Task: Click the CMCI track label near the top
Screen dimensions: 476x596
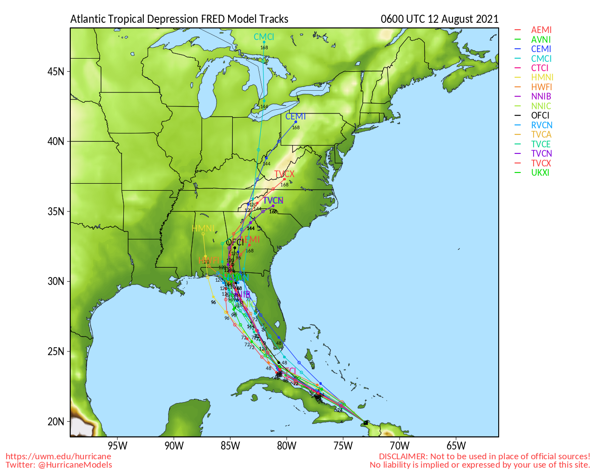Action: (x=264, y=37)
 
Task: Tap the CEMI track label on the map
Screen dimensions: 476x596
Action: (x=295, y=117)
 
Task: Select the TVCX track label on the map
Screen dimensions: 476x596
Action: (x=284, y=174)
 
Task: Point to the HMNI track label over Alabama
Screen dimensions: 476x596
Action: (x=203, y=229)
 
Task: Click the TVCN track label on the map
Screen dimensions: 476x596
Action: (x=273, y=201)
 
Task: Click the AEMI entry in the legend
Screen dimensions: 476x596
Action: (x=541, y=30)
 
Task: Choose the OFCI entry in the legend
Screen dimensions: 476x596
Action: (x=540, y=116)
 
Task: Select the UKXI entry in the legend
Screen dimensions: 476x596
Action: (x=540, y=173)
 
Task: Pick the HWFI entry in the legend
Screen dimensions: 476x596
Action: (x=541, y=87)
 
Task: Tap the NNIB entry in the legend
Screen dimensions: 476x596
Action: (x=541, y=97)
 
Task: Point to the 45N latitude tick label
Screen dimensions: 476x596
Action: (x=56, y=72)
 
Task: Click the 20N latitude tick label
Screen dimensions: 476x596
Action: (x=56, y=422)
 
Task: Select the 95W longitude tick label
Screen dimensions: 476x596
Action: (x=117, y=446)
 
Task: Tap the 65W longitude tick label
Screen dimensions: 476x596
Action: (x=456, y=446)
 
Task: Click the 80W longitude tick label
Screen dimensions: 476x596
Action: (x=287, y=446)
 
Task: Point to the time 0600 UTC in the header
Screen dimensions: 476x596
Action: (x=403, y=19)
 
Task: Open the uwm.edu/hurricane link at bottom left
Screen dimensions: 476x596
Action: (x=58, y=456)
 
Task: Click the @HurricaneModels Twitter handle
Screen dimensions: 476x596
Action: (x=75, y=465)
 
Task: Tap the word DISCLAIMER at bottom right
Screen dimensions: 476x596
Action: (x=403, y=456)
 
